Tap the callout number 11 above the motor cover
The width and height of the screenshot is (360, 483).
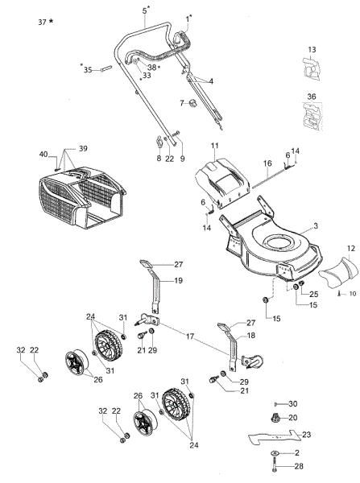tap(215, 145)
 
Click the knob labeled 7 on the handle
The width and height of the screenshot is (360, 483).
tap(192, 103)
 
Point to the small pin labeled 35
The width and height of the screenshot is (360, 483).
tap(105, 68)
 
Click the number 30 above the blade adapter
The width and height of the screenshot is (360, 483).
tap(293, 402)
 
